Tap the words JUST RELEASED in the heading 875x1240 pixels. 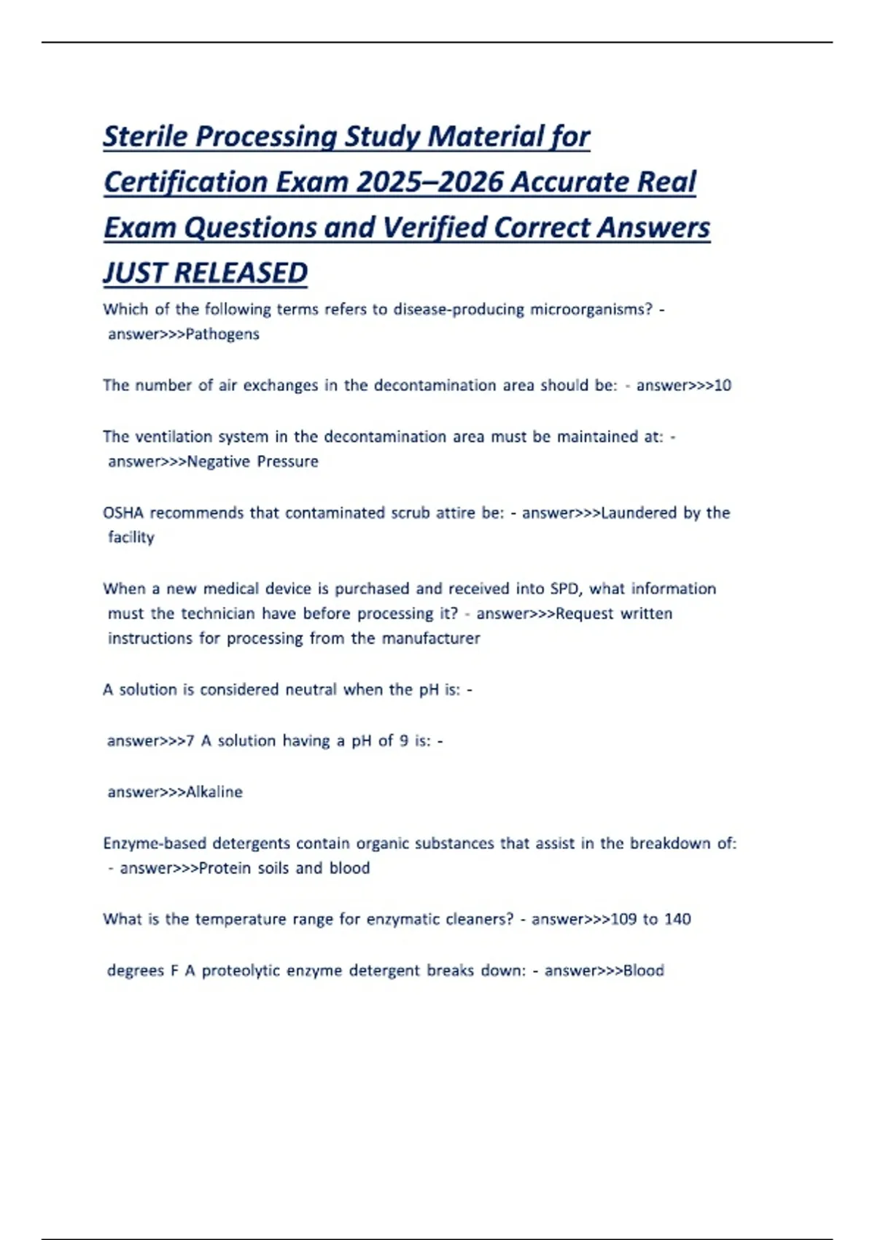205,273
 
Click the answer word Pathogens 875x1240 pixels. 222,334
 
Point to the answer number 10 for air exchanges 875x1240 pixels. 722,385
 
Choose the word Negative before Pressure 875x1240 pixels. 218,462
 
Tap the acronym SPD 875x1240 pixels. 564,589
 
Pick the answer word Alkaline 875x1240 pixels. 214,792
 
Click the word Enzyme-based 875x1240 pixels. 154,843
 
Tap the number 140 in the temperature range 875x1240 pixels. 677,919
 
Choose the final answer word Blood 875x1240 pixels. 644,971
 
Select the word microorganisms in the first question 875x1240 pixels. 591,309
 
